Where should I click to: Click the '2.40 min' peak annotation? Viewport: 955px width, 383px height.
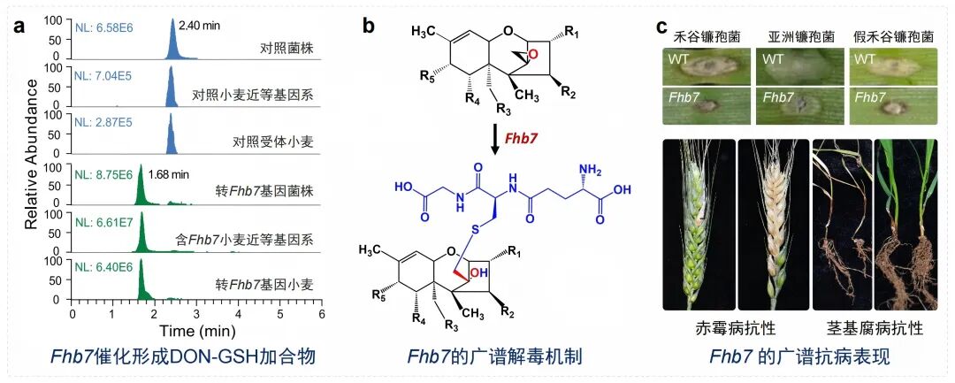200,26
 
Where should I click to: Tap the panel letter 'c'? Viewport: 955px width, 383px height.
661,27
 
